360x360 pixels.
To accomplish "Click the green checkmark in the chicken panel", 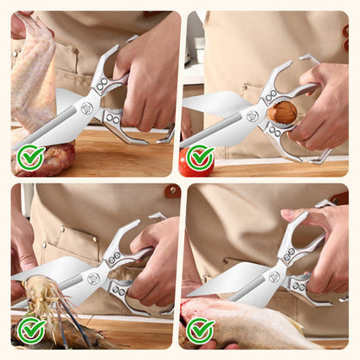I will click(31, 157).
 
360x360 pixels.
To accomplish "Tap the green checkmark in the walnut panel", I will click(200, 157).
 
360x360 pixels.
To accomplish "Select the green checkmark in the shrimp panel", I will click(31, 330).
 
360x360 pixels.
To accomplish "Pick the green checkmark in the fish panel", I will click(200, 330).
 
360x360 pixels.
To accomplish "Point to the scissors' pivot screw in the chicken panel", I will click(87, 108).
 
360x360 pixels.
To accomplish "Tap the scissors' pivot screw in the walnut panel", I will click(252, 115).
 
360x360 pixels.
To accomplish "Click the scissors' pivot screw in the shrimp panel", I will click(93, 279).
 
